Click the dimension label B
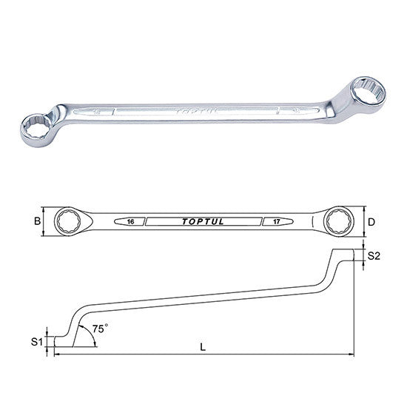click(38, 221)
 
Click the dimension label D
click(371, 222)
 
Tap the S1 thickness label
click(36, 342)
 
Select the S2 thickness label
click(374, 256)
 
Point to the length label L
click(203, 347)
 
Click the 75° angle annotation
click(100, 329)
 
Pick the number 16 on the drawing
click(131, 222)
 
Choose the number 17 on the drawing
click(277, 222)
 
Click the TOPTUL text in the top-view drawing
click(203, 222)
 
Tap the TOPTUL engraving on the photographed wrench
click(197, 112)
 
